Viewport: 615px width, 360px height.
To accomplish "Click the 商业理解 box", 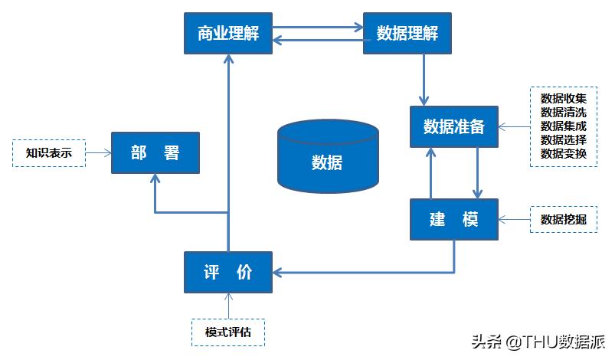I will (x=228, y=34).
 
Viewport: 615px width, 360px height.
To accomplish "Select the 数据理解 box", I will (x=407, y=34).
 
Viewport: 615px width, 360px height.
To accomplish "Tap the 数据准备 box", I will (x=453, y=126).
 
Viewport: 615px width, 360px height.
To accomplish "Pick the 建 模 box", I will (x=453, y=219).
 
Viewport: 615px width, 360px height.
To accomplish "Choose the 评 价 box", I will (x=228, y=272).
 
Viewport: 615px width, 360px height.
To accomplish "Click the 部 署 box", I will (x=155, y=153).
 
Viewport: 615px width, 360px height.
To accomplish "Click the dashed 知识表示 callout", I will (x=49, y=153).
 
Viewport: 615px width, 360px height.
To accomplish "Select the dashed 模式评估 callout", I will (x=227, y=332).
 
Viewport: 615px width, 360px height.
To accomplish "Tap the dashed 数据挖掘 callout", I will (x=564, y=219).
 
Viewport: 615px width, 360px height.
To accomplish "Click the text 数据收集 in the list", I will (x=564, y=99).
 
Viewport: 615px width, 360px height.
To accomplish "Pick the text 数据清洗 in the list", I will (x=564, y=113).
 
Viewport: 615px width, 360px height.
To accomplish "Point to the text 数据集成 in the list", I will (x=564, y=126).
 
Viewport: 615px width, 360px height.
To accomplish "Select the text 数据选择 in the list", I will (x=564, y=140).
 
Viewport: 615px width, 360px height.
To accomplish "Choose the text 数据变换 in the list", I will (x=564, y=154).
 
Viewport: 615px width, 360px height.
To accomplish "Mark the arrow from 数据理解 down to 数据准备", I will (x=424, y=80).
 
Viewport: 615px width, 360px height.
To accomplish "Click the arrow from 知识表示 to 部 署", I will (x=98, y=153).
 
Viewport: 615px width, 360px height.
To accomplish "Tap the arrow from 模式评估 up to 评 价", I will (x=227, y=305).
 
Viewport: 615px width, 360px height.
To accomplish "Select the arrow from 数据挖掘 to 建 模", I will (x=515, y=219).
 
